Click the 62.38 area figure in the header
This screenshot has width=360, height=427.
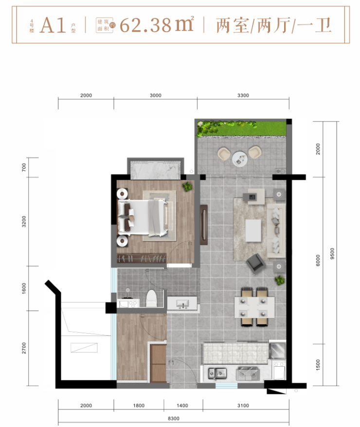pos(145,25)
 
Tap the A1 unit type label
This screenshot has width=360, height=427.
pos(53,25)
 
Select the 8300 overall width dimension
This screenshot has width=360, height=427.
pos(174,419)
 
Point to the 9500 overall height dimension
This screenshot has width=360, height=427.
pos(332,253)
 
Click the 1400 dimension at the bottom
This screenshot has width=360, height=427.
pos(182,406)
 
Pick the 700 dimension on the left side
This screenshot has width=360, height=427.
pos(24,167)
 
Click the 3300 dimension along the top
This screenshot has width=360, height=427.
pos(243,95)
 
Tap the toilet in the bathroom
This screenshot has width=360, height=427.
pos(151,298)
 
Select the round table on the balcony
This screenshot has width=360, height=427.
pos(240,159)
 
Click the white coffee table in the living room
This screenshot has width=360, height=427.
pos(253,231)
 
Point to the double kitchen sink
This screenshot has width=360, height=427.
pos(217,374)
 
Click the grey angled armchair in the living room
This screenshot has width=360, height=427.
pos(255,263)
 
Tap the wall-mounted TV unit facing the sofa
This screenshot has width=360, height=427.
pos(204,225)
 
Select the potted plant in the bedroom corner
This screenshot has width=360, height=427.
pos(187,187)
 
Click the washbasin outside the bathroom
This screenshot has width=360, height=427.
pos(182,303)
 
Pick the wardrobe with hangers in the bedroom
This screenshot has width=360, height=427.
pos(142,258)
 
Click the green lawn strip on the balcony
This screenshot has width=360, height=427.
pos(241,128)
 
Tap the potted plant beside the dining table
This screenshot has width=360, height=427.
pos(280,280)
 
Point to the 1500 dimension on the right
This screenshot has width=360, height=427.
pos(318,365)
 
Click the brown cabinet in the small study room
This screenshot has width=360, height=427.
pos(158,363)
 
